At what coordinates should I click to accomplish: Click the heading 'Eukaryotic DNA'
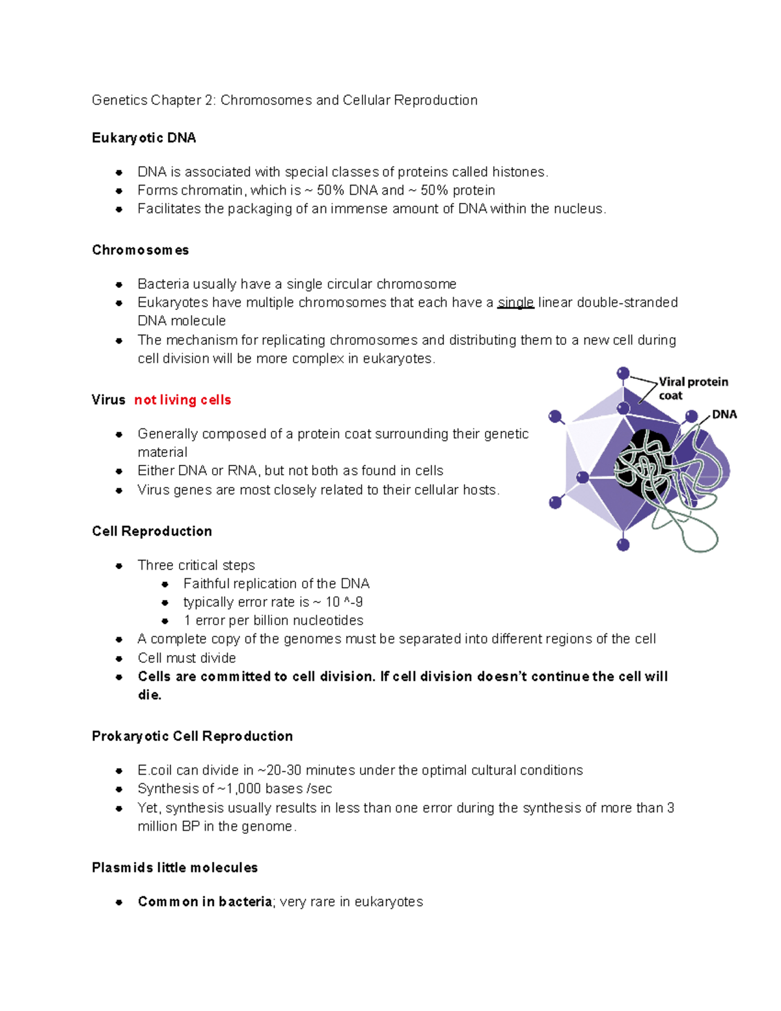(x=144, y=138)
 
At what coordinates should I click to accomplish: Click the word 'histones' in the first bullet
(x=519, y=172)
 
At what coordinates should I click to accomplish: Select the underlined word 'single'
(x=515, y=303)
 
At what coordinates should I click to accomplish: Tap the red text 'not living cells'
(x=182, y=400)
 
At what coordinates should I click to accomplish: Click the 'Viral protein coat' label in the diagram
(x=692, y=389)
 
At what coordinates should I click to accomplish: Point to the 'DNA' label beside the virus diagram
(x=724, y=415)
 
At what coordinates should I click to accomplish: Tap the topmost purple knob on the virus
(x=623, y=374)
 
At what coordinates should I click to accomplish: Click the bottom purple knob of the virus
(x=623, y=545)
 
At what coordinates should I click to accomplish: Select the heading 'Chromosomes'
(x=141, y=250)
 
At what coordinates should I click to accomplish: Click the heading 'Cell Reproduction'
(x=152, y=531)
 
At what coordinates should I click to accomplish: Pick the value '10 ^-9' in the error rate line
(x=344, y=602)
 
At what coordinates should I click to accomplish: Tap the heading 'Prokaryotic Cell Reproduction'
(x=192, y=736)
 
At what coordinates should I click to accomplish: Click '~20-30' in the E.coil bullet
(x=279, y=770)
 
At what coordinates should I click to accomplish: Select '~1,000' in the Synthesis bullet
(x=239, y=789)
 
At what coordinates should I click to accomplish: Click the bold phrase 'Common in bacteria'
(x=205, y=902)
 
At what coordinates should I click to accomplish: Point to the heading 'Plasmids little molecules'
(x=174, y=868)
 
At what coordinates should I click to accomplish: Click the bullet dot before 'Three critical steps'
(x=119, y=566)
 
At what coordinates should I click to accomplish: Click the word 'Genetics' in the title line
(x=119, y=100)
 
